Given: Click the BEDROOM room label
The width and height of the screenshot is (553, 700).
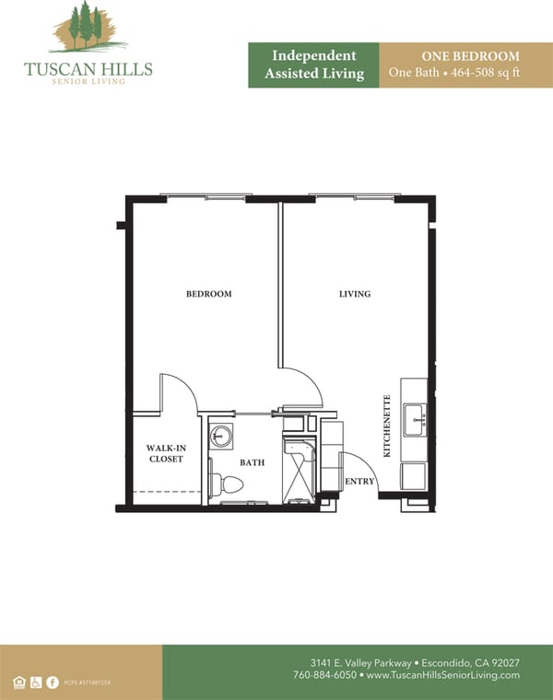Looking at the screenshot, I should coord(209,295).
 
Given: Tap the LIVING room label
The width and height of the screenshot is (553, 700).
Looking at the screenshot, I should coord(355,295).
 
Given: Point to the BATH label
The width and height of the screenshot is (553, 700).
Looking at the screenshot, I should coord(253,462).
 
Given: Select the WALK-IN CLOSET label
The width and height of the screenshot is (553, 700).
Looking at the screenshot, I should coord(167,453).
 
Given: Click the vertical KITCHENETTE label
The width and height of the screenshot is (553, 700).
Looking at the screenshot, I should coord(388,426).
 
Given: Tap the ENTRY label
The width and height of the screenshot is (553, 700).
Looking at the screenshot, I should coord(359,482).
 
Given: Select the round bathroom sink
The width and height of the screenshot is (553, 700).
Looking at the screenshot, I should coord(221,437).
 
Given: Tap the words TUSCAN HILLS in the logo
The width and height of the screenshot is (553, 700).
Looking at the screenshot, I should coord(88,69).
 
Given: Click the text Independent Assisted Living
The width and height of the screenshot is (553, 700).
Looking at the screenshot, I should coord(313,64).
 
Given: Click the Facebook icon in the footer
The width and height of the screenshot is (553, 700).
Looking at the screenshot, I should coord(53,682).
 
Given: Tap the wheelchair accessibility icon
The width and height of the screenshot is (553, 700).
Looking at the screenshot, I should coord(36,682).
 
